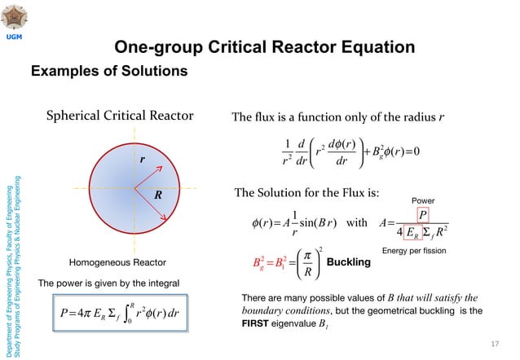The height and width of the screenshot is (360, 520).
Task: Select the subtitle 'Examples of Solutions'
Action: (109, 72)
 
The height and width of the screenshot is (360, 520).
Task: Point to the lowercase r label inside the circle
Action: (143, 160)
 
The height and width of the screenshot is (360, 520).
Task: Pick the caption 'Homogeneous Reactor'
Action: (117, 262)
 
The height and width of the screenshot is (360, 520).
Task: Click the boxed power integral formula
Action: (125, 314)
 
